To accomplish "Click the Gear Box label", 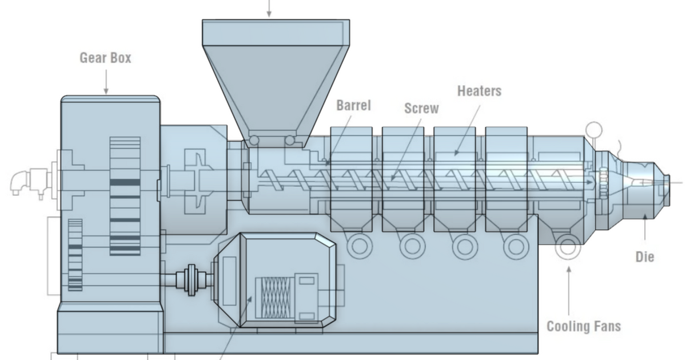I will click(x=105, y=58).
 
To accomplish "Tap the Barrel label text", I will click(x=353, y=105).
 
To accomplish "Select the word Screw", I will click(x=421, y=107).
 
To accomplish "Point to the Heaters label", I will click(x=479, y=90).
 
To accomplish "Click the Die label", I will click(x=645, y=257).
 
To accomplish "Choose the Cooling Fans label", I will click(x=584, y=326).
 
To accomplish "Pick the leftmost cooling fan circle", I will click(x=360, y=246).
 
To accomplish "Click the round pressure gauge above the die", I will click(x=595, y=129).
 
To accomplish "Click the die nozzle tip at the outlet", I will click(x=665, y=183).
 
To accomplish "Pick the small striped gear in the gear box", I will click(x=75, y=255).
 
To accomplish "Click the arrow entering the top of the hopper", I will click(x=268, y=9).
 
